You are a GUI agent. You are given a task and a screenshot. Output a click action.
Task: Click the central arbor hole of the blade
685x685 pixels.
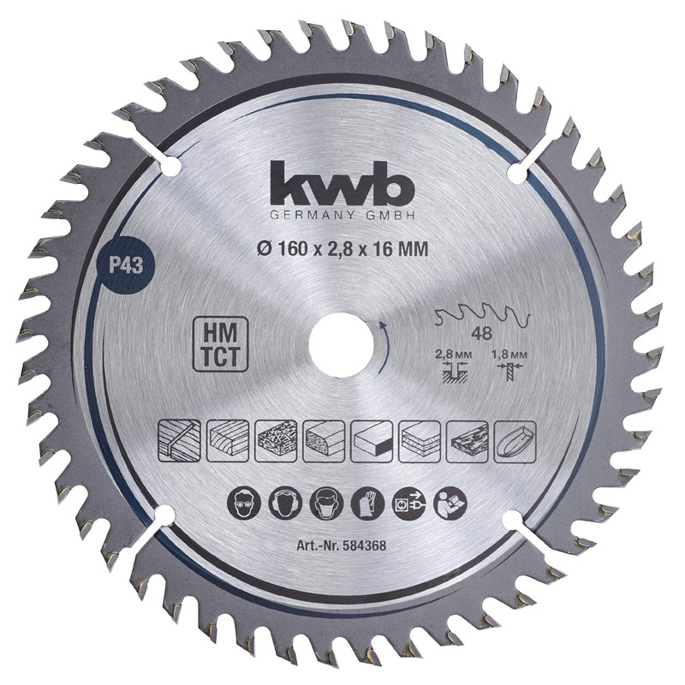pos(341,344)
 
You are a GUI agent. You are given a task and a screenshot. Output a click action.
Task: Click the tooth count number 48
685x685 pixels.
pos(481,334)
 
